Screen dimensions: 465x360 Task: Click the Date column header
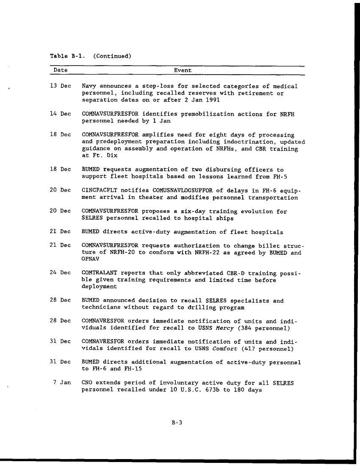coord(61,70)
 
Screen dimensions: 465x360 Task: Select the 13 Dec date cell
coord(60,86)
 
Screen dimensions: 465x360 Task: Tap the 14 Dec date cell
coord(60,114)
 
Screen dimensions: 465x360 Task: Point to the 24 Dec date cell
coord(60,273)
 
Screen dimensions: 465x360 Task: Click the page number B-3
coord(177,422)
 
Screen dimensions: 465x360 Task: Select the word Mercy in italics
coord(224,328)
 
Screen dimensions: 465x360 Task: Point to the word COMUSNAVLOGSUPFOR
coord(176,191)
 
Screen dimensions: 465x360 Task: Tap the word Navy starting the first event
coord(89,86)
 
